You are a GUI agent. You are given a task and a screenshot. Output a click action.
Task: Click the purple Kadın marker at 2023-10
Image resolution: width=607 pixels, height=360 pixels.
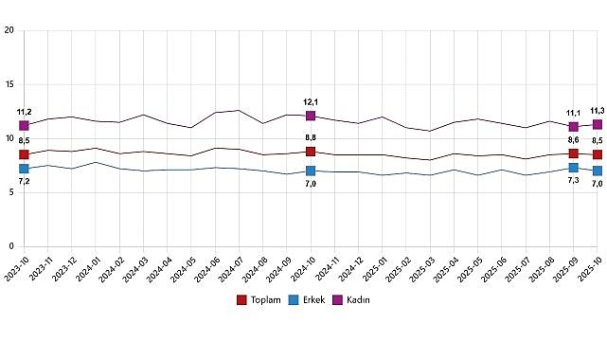[x=24, y=125]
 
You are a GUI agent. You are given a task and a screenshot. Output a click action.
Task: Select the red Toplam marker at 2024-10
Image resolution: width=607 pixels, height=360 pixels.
[x=311, y=152]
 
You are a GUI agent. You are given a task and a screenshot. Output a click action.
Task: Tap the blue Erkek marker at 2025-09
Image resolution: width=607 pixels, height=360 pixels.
[x=573, y=168]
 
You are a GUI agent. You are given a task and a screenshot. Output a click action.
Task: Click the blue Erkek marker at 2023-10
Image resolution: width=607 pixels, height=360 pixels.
[x=24, y=169]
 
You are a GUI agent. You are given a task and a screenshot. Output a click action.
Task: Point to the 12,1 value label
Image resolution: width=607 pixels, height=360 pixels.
[x=311, y=102]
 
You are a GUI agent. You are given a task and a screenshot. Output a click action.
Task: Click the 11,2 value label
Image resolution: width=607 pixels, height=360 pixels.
[x=24, y=112]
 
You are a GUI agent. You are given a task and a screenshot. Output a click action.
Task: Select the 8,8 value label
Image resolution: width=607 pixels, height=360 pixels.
[x=311, y=138]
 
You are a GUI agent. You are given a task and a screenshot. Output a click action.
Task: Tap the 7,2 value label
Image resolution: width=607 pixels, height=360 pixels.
[x=24, y=181]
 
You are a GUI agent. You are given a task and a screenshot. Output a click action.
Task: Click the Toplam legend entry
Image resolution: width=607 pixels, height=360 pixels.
[x=262, y=299]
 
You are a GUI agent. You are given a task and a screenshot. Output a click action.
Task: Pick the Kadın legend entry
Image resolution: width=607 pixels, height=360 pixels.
[x=350, y=299]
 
